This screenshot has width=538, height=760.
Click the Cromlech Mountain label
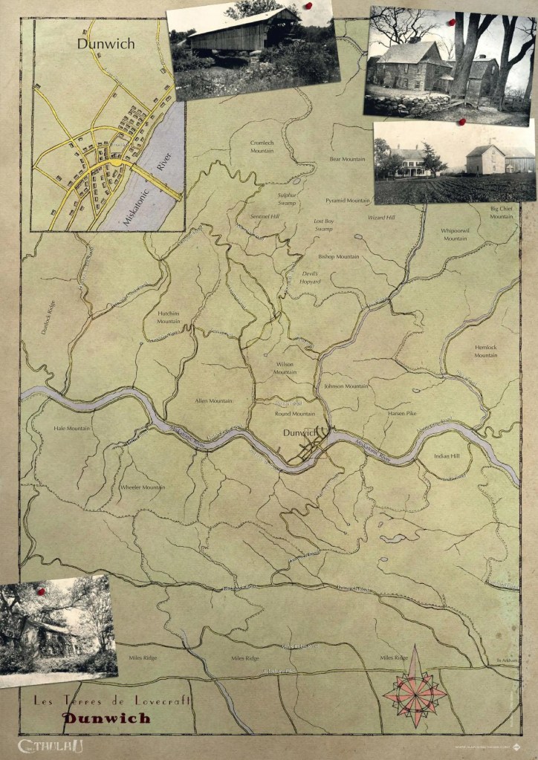[262, 147]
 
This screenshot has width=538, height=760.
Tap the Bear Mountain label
[347, 159]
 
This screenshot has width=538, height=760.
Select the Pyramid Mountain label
[347, 201]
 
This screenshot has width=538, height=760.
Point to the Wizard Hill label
[382, 218]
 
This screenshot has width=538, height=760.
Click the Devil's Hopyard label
[310, 277]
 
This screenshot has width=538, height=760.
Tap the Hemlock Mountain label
[486, 351]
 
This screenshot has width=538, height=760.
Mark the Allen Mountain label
[213, 400]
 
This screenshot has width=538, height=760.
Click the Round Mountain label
[295, 413]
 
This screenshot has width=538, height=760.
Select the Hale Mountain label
[71, 428]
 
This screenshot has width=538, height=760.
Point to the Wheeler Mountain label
[143, 487]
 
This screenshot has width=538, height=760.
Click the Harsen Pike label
[402, 412]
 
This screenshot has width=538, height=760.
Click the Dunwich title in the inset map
[106, 44]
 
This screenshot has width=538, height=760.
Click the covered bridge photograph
[253, 48]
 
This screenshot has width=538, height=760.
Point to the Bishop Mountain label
[338, 256]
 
